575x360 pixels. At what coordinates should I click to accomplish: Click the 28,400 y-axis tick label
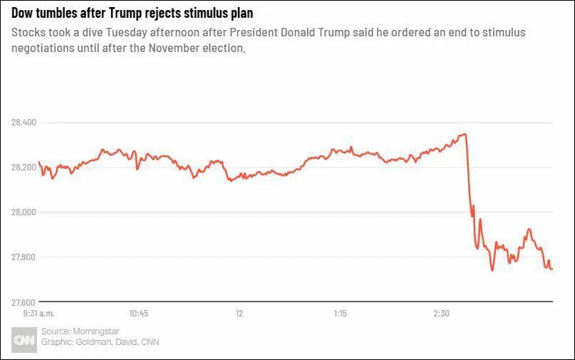point(24,123)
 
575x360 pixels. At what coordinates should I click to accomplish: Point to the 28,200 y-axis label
point(24,168)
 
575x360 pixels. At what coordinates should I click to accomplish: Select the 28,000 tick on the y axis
point(24,212)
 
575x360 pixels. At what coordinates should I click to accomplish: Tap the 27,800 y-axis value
point(24,257)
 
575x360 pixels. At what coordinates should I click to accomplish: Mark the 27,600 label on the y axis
point(24,302)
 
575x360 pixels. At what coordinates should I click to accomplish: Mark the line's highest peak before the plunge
point(463,134)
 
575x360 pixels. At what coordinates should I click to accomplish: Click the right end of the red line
point(552,269)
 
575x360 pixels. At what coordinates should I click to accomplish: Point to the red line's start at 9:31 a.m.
point(38,162)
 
